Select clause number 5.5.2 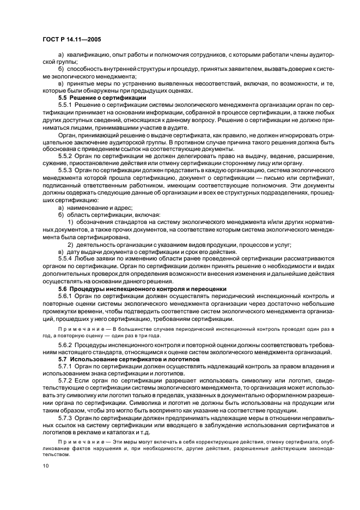point(65,155)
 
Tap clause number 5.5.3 point(65,170)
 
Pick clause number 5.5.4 point(65,258)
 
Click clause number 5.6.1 point(65,295)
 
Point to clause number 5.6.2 point(65,347)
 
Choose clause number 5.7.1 point(65,368)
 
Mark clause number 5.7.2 point(65,383)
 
